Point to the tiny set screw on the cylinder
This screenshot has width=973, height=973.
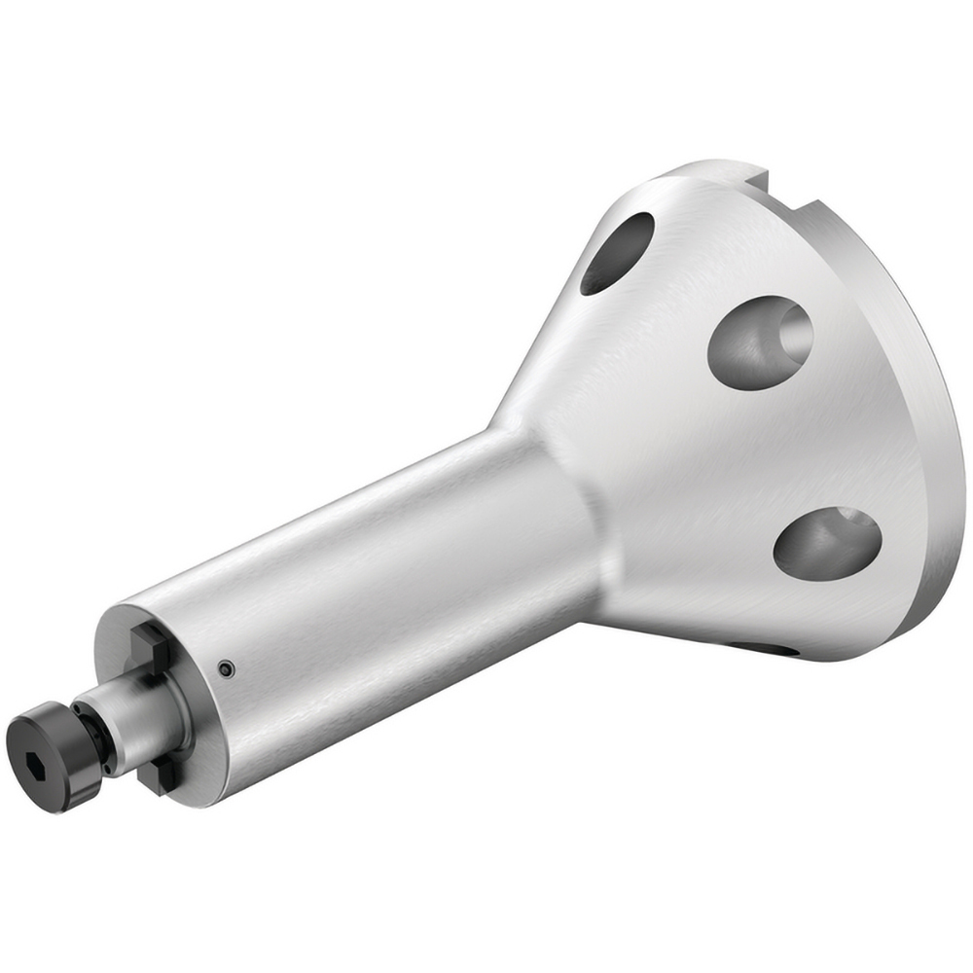[x=226, y=667]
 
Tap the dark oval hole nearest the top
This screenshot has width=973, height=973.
[x=617, y=253]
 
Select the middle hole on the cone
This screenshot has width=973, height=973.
[x=759, y=342]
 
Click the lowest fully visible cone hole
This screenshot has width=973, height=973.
[x=827, y=543]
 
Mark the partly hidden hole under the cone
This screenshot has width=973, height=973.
[x=769, y=646]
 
